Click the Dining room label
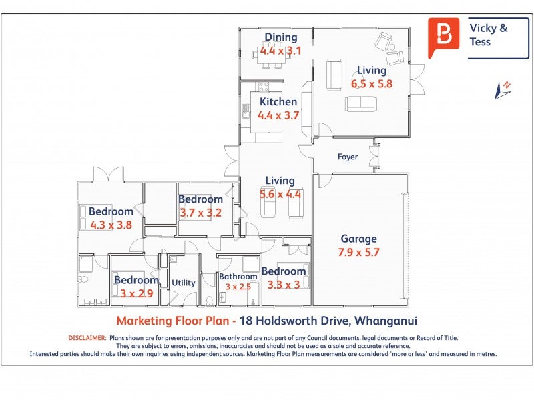[x=281, y=37]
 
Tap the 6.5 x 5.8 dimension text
[x=372, y=84]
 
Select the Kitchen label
[x=278, y=102]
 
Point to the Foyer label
[x=348, y=157]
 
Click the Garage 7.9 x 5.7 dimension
[x=358, y=253]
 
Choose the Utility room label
[x=183, y=283]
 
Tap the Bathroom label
[x=238, y=277]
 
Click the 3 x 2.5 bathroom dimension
[x=238, y=287]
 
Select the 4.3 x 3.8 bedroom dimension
[x=111, y=225]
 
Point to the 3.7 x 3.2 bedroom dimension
[x=201, y=213]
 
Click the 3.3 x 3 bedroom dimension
[x=283, y=285]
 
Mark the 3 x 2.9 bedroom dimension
[x=137, y=293]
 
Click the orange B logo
[x=443, y=37]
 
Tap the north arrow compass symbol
[x=503, y=91]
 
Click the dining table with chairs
[x=272, y=55]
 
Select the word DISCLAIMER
[x=87, y=338]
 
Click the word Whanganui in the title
[x=386, y=321]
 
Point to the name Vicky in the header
[x=483, y=28]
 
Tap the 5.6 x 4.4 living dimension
[x=280, y=194]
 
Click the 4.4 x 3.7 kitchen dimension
[x=278, y=115]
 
